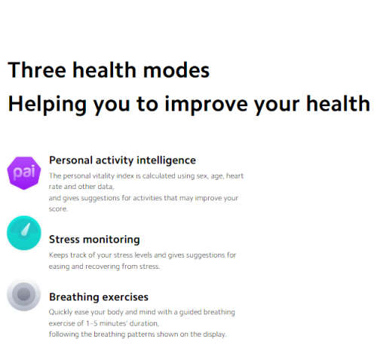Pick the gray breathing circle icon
coord(24,294)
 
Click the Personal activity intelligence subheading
coord(122,160)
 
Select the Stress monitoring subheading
coord(94,239)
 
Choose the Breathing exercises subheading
coord(98,297)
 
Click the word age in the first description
coord(210,175)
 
